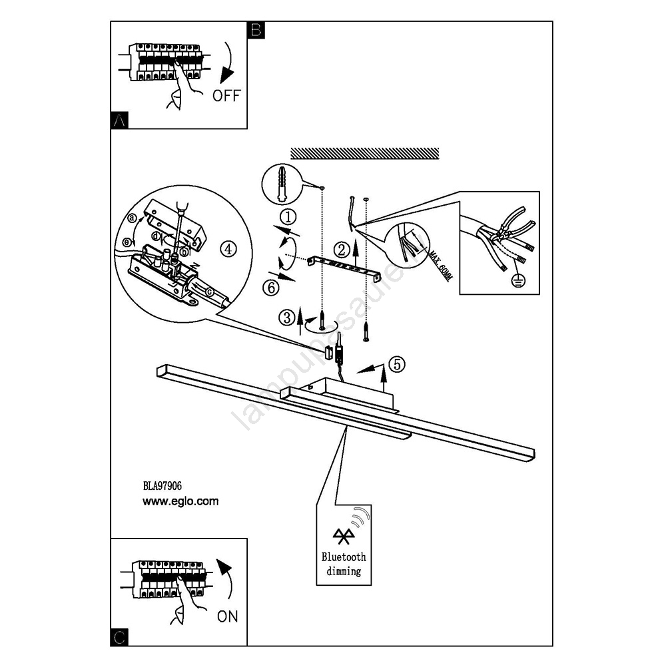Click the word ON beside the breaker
(x=227, y=616)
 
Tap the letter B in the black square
(x=256, y=30)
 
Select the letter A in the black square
(x=119, y=120)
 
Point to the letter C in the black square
(x=119, y=637)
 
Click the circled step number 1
(x=287, y=216)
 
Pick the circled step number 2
(x=341, y=250)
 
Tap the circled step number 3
(x=287, y=318)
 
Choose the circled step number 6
(x=287, y=288)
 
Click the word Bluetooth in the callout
(x=344, y=557)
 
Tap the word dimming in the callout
(x=344, y=570)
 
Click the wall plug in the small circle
(x=281, y=181)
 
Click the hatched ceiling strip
(x=366, y=152)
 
